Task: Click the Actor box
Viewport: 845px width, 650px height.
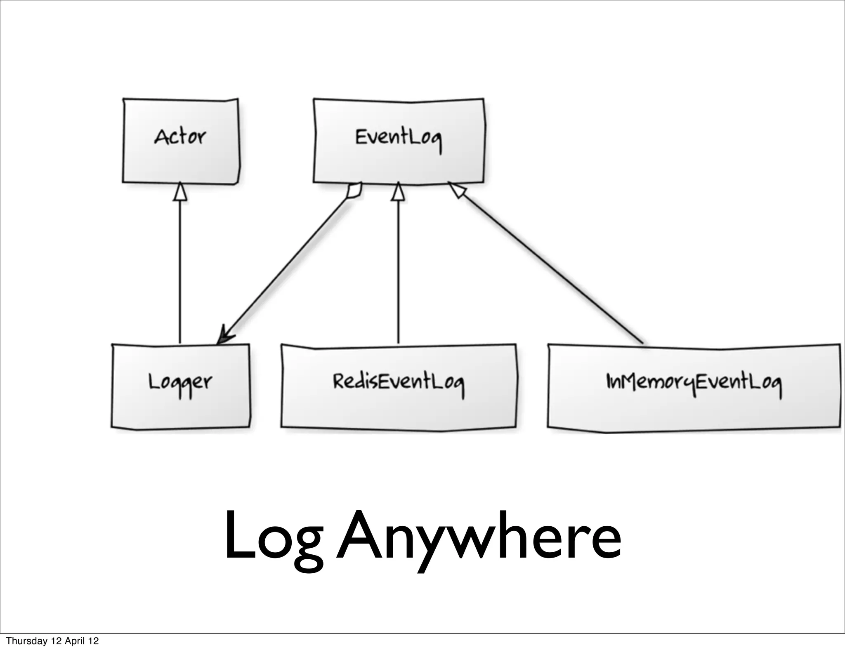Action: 181,157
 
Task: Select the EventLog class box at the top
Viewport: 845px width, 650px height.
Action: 399,161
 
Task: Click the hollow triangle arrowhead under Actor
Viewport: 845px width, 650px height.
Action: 180,192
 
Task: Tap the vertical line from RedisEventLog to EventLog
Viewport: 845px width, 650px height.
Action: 398,272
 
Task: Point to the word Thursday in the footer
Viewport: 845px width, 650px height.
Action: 26,641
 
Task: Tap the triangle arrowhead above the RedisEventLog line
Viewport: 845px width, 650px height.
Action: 398,192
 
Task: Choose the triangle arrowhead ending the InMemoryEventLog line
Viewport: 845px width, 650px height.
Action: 457,191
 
